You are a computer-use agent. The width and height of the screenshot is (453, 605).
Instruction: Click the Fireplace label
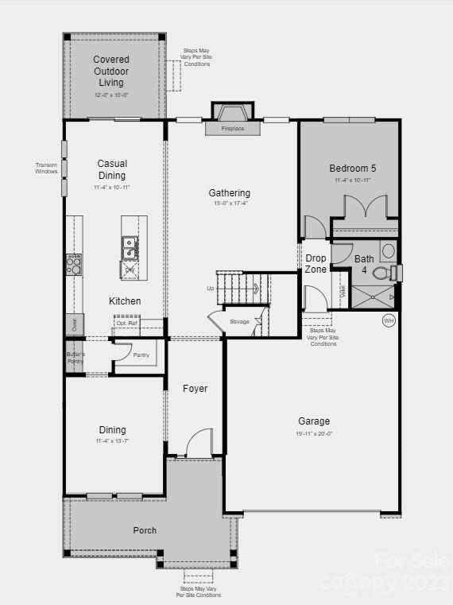click(233, 128)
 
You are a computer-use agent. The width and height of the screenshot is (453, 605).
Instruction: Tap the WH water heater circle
click(389, 320)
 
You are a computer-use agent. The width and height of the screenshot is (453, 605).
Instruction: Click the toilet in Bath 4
click(381, 273)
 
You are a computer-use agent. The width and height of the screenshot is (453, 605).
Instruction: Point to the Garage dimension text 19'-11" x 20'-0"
click(314, 433)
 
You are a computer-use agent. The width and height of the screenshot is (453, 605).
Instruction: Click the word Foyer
click(196, 389)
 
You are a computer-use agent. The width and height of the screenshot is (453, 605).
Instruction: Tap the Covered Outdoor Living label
click(112, 71)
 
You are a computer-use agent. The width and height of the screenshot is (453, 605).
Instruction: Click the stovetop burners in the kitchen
click(73, 264)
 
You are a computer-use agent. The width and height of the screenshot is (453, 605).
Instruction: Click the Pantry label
click(141, 355)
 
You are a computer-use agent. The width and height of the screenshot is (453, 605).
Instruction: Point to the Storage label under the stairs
click(239, 321)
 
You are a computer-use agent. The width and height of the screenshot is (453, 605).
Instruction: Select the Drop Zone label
click(316, 264)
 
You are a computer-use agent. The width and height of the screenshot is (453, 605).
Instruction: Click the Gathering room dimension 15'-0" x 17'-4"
click(230, 204)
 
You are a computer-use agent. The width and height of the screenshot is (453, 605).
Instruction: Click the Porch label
click(145, 530)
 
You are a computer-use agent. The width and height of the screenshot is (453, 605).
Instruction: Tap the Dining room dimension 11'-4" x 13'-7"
click(112, 440)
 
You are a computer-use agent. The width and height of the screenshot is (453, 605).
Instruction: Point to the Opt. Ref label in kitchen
click(127, 324)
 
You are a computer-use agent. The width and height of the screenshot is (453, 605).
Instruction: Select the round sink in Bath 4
click(388, 250)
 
